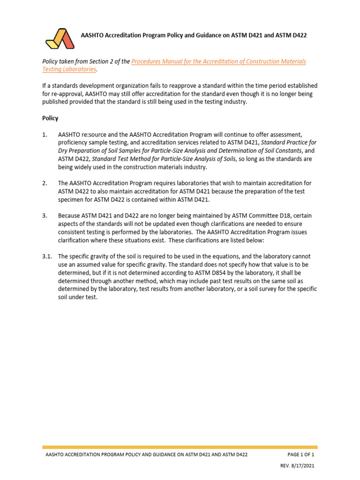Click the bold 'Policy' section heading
point(50,118)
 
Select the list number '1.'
point(45,135)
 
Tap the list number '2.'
point(45,183)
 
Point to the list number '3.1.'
point(47,256)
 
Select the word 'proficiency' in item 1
point(74,142)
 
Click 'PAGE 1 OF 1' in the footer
point(300,454)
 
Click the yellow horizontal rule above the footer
point(180,447)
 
